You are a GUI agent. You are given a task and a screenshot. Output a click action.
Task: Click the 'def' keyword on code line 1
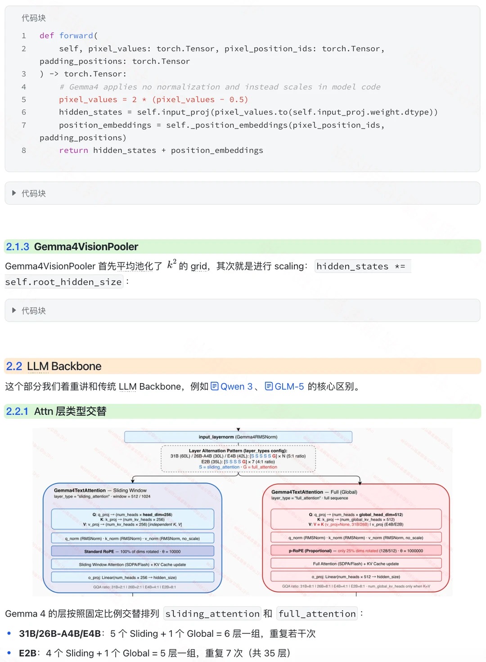click(47, 36)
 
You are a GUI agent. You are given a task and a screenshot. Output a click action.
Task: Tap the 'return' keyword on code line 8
click(73, 150)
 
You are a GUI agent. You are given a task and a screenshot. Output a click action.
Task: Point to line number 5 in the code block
click(24, 99)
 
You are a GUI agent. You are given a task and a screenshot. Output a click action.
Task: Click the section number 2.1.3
click(18, 246)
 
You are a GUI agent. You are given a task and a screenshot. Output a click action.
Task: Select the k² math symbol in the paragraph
click(171, 264)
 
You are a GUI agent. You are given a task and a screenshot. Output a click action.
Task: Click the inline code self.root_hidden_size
click(63, 282)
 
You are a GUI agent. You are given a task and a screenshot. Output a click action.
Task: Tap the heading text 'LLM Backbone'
click(64, 366)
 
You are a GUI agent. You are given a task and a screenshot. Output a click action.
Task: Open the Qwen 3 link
click(236, 386)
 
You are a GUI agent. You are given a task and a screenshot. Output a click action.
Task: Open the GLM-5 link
click(289, 386)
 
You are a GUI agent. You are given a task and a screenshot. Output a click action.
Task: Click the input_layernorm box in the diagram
click(238, 437)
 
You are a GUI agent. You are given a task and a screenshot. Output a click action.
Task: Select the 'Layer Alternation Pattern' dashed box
click(238, 459)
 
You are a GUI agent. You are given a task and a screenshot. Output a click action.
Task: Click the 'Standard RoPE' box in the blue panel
click(133, 551)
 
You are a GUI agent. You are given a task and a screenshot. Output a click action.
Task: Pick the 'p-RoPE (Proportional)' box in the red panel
click(356, 550)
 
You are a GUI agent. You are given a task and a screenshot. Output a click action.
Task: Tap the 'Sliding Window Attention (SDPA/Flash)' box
click(133, 564)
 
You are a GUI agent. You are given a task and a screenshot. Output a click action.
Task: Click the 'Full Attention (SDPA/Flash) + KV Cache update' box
click(356, 564)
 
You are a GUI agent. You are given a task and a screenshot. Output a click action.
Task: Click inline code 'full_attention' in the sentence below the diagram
click(317, 614)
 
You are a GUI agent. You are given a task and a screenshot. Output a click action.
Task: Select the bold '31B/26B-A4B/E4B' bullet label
click(60, 634)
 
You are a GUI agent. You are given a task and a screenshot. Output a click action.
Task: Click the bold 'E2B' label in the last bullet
click(27, 653)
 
